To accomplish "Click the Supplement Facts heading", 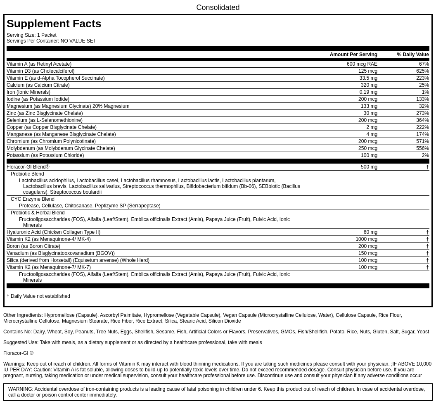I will [54, 24].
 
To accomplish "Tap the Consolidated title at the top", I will [218, 7].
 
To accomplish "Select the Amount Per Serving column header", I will [353, 55].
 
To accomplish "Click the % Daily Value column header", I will [412, 55].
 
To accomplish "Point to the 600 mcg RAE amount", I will [362, 64].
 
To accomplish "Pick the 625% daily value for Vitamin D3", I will [422, 71].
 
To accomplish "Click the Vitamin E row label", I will [55, 78].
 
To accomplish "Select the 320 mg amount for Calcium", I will [369, 85].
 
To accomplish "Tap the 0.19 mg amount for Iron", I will [368, 92].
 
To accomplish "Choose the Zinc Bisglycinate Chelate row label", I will [45, 113].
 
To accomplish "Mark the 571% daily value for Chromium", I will [422, 141].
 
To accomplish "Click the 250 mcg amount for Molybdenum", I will [367, 148].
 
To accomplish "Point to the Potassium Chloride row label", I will [45, 155].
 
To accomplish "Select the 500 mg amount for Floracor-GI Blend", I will [369, 167].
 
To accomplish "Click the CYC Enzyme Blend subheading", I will [32, 199].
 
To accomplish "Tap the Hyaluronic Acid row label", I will [53, 232].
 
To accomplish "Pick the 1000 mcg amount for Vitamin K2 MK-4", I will [366, 239].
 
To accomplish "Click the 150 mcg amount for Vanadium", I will [367, 253].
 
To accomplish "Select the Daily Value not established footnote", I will [38, 296].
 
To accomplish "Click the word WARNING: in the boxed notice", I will [20, 389].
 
